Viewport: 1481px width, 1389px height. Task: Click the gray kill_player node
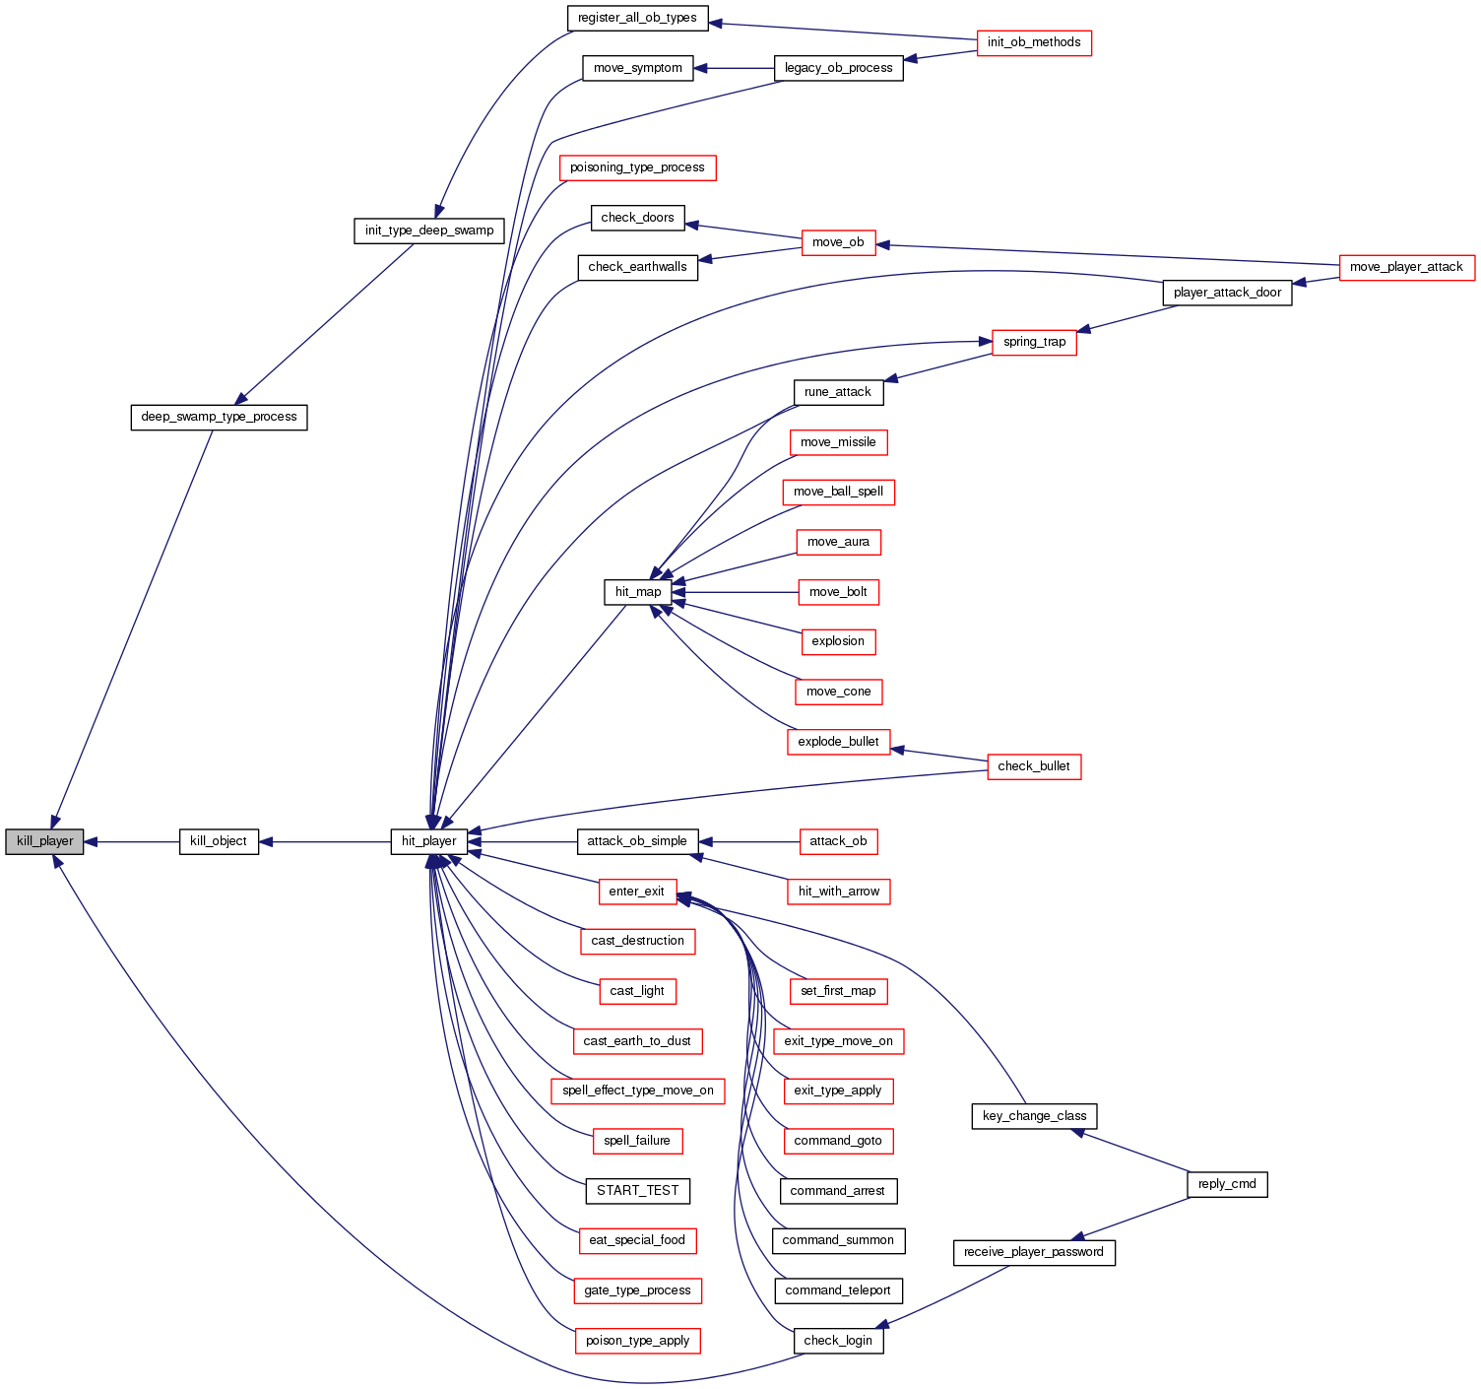tap(44, 842)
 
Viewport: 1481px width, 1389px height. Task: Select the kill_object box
tap(219, 841)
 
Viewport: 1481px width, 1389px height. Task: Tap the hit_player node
tap(428, 841)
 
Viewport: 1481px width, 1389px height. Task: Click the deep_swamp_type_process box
tap(219, 417)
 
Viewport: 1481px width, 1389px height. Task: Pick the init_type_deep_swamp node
tap(429, 231)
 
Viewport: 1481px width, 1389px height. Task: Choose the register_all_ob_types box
tap(637, 18)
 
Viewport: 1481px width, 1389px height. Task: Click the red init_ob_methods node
tap(1034, 42)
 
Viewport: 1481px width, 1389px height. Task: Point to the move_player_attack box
tap(1406, 267)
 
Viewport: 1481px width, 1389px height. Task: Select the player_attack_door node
tap(1227, 293)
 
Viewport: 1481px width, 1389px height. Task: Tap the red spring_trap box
tap(1034, 342)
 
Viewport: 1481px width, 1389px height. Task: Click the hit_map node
tap(638, 592)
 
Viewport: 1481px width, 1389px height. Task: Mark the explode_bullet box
tap(838, 742)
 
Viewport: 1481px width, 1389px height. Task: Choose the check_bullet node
tap(1034, 766)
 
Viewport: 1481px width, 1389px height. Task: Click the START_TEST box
tap(637, 1190)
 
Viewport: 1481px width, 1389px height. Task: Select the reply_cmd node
tap(1227, 1184)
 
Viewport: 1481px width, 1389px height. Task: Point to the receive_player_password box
tap(1034, 1252)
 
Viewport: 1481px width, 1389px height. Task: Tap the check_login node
tap(838, 1341)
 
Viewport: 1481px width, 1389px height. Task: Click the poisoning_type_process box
tap(637, 167)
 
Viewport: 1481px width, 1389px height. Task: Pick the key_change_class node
tap(1034, 1116)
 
